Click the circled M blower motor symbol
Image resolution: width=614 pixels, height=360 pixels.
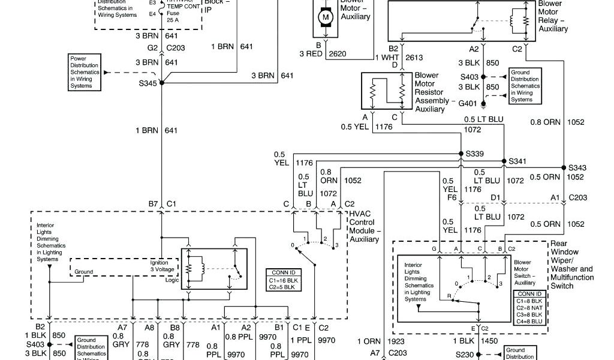tap(326, 17)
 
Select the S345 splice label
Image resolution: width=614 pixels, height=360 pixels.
tap(147, 83)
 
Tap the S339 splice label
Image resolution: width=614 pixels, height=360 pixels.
tap(475, 154)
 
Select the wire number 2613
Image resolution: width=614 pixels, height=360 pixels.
tap(414, 57)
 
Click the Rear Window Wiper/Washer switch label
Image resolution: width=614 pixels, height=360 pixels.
tap(571, 265)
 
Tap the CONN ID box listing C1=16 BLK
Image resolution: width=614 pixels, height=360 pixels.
tap(283, 280)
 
